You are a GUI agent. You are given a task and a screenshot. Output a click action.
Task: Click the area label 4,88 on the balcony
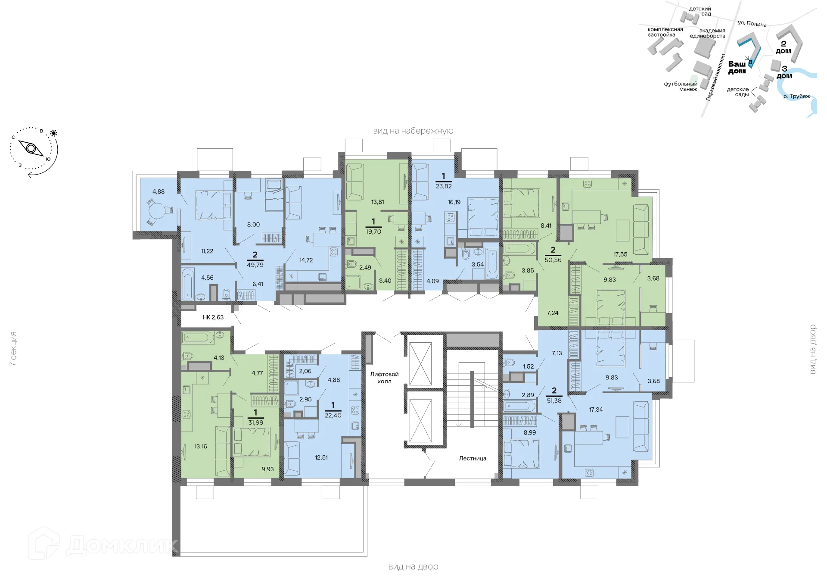[159, 191]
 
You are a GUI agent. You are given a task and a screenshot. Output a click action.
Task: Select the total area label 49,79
[255, 265]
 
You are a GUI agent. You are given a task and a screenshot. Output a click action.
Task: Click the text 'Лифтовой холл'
[384, 378]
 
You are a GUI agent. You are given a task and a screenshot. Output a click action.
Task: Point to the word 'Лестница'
[473, 458]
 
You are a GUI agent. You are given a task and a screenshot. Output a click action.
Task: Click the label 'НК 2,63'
[213, 317]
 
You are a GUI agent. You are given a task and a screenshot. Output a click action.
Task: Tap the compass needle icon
[31, 148]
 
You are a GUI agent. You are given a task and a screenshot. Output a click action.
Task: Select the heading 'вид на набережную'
[413, 131]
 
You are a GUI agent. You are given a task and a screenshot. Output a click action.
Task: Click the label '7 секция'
[13, 349]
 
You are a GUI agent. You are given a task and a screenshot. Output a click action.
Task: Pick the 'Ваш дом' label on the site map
[737, 67]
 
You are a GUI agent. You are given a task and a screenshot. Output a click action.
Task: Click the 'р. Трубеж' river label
[796, 96]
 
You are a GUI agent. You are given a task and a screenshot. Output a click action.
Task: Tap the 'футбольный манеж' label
[681, 86]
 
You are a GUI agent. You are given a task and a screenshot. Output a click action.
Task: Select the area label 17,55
[620, 254]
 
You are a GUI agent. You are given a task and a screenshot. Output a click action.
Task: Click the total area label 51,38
[554, 401]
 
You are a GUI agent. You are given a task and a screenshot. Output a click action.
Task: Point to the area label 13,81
[378, 202]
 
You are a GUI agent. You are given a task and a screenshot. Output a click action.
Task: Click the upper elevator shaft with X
[420, 364]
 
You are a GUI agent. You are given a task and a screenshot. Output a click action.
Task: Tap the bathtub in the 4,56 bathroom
[187, 284]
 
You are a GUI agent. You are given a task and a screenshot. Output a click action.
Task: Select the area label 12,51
[321, 457]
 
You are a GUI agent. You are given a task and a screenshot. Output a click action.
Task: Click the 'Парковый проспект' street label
[715, 77]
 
